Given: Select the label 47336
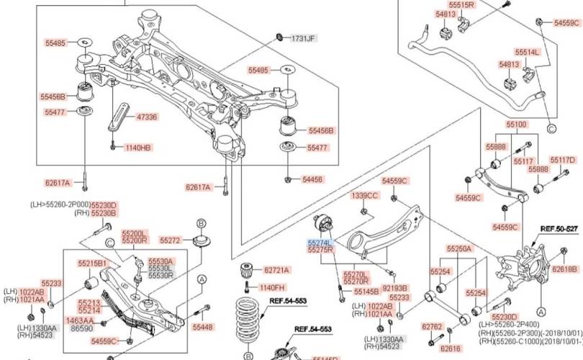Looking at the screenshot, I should [x=146, y=116].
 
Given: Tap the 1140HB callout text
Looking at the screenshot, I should [x=138, y=148].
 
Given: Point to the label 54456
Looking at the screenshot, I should [x=312, y=179].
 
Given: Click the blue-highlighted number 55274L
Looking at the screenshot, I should [x=320, y=243].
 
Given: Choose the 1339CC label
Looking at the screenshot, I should [x=364, y=195].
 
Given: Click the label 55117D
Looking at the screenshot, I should [x=563, y=160].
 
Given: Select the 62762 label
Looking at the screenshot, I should [x=432, y=326].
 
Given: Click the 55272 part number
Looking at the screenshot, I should [x=170, y=240].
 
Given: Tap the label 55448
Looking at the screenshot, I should [x=203, y=327].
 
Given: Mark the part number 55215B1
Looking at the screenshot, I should [x=92, y=263].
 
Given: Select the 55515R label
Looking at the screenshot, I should [x=461, y=4].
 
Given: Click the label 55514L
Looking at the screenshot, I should [x=527, y=52].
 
